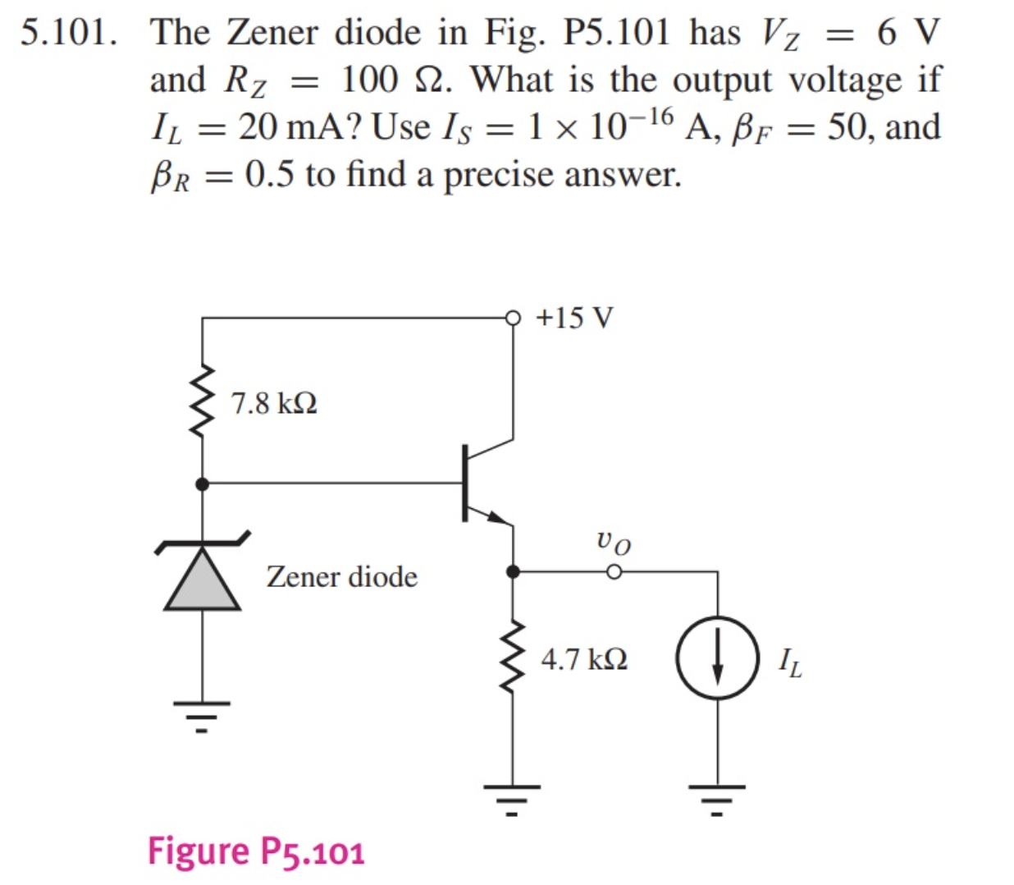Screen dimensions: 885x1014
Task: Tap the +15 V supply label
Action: pyautogui.click(x=574, y=318)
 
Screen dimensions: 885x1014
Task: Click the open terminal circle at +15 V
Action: pyautogui.click(x=514, y=317)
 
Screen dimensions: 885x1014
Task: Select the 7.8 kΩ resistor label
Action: pyautogui.click(x=274, y=404)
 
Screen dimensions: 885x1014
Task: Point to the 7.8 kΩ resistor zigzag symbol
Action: pyautogui.click(x=203, y=402)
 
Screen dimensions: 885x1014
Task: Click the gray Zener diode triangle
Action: pyautogui.click(x=203, y=580)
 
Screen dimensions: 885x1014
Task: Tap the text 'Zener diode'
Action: pyautogui.click(x=341, y=576)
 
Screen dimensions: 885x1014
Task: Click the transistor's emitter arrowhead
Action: pyautogui.click(x=496, y=516)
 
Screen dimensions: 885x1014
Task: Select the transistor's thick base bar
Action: pyautogui.click(x=465, y=483)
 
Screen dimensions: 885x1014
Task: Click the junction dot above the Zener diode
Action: pyautogui.click(x=203, y=484)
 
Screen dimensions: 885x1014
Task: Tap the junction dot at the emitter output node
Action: pyautogui.click(x=514, y=571)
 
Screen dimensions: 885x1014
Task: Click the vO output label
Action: pyautogui.click(x=614, y=541)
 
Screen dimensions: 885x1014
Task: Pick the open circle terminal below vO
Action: pyautogui.click(x=614, y=571)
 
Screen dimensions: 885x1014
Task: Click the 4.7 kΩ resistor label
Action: pyautogui.click(x=584, y=659)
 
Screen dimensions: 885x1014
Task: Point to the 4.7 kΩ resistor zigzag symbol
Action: pyautogui.click(x=514, y=657)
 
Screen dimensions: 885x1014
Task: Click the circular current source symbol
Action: pyautogui.click(x=718, y=658)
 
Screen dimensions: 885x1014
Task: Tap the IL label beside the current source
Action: pyautogui.click(x=790, y=662)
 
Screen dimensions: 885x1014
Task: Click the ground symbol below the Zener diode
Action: pyautogui.click(x=203, y=714)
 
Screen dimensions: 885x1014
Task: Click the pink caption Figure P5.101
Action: pyautogui.click(x=256, y=851)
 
